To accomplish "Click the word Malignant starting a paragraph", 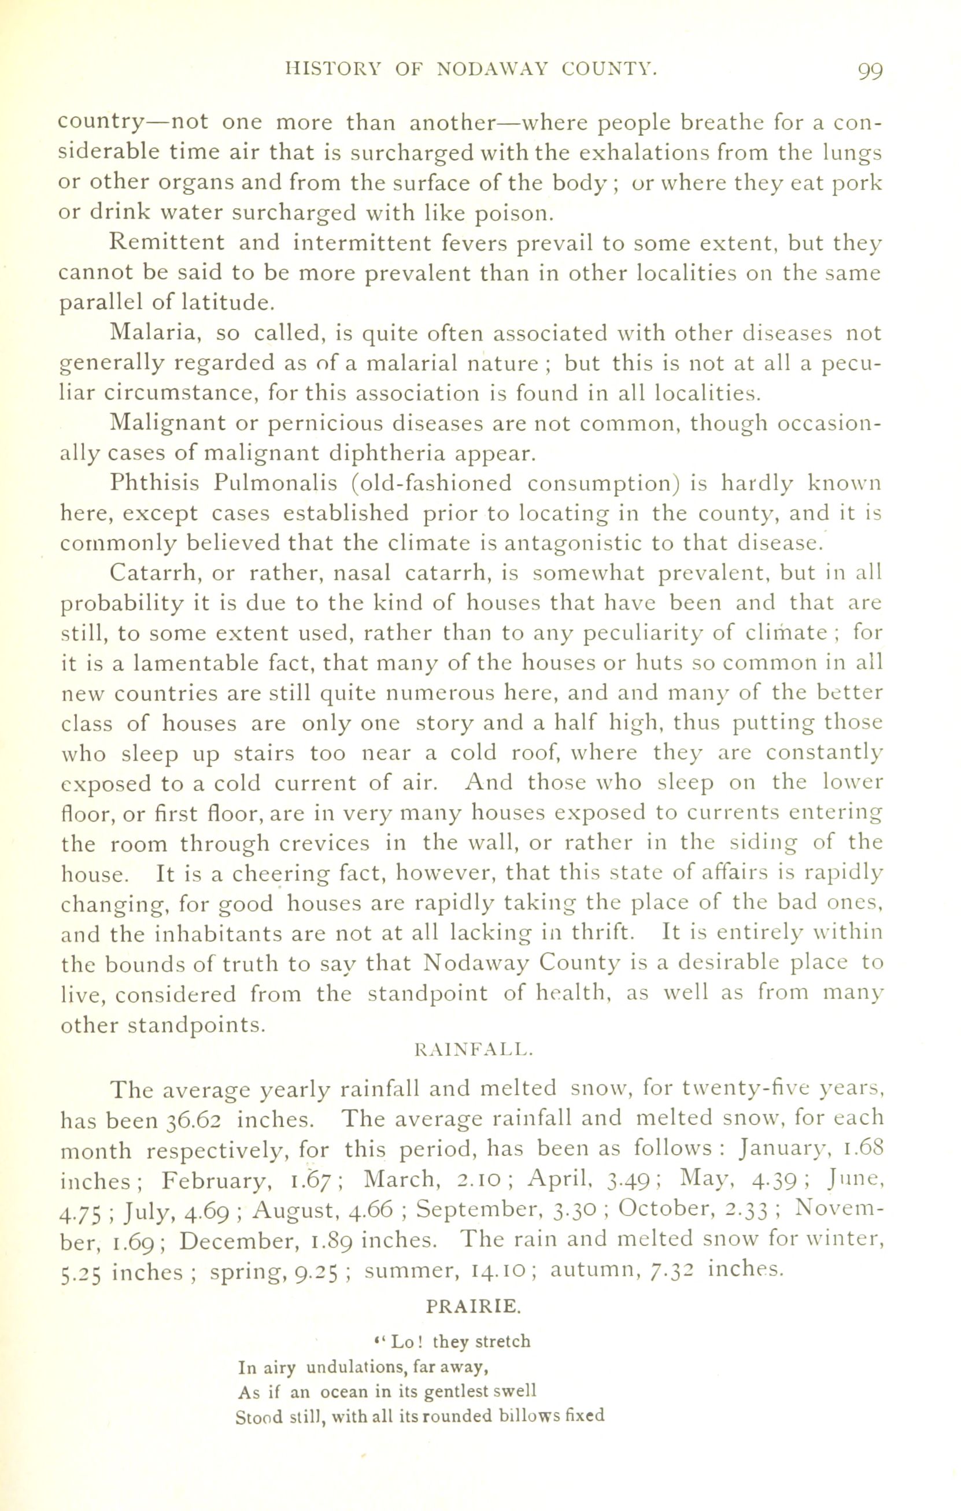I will (168, 423).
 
